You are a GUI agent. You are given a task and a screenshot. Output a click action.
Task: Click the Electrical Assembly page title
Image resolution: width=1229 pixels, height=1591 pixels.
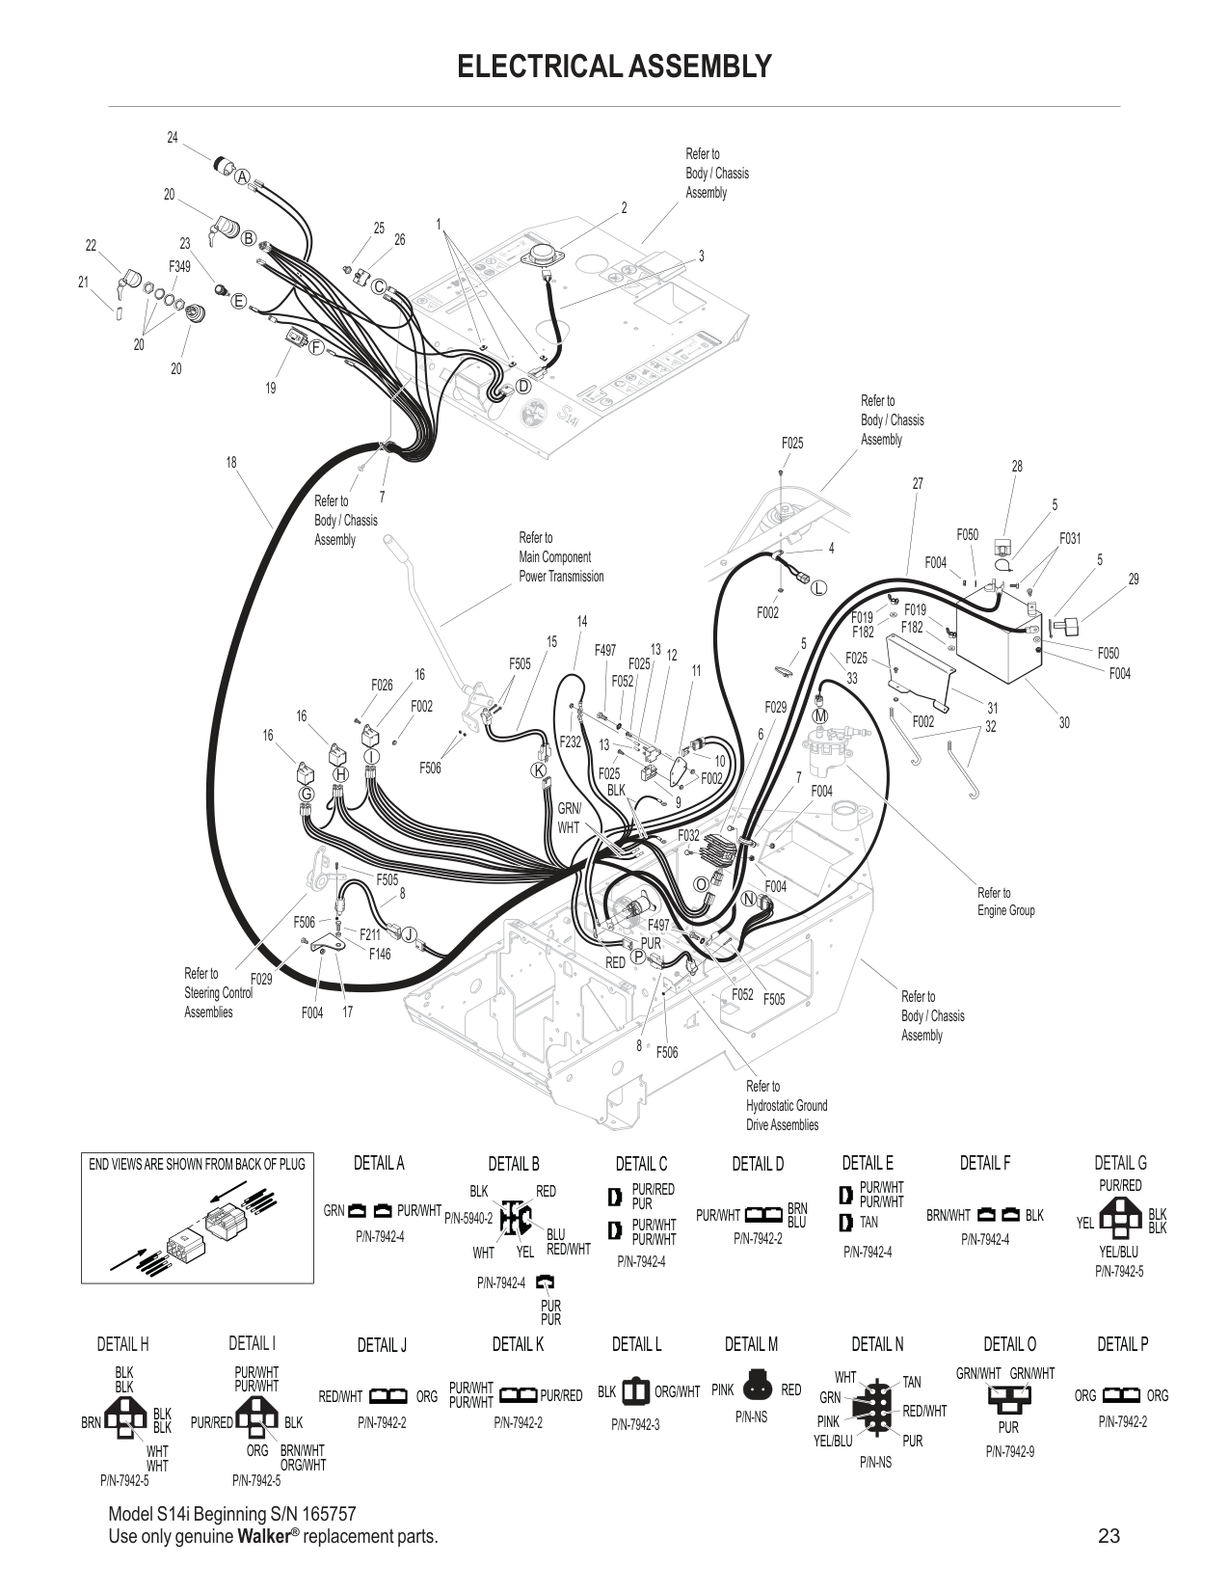click(614, 66)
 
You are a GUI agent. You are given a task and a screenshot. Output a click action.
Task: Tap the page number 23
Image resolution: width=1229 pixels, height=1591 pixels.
click(1109, 1536)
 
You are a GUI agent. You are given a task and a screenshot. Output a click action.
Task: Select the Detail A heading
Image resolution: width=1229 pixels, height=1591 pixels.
click(379, 1163)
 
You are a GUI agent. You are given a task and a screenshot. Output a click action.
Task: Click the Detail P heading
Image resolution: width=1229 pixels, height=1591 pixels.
click(1122, 1344)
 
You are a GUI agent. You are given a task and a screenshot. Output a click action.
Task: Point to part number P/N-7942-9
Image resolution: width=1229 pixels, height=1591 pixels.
click(1009, 1452)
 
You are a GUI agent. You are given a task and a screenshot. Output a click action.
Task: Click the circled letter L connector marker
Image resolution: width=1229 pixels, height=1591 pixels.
click(819, 587)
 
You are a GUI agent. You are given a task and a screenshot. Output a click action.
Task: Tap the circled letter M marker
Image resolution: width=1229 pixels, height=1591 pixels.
click(820, 716)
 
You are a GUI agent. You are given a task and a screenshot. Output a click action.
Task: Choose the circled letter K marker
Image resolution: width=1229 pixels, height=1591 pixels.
click(539, 769)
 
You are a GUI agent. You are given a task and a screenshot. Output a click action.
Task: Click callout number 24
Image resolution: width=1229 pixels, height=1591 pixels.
click(173, 138)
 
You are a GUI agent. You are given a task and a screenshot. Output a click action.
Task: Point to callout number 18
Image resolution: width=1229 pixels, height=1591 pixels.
click(231, 463)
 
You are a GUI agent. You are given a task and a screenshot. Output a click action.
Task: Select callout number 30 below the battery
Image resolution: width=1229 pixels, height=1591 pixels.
click(1064, 722)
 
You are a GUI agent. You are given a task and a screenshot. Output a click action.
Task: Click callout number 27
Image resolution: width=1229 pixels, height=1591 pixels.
click(918, 484)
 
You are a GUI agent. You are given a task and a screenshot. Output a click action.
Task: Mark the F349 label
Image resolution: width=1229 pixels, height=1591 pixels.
click(179, 265)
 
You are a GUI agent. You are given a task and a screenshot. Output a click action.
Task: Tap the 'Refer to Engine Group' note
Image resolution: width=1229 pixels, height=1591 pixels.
click(1005, 902)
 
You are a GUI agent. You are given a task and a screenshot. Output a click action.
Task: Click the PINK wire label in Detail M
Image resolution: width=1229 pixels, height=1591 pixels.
click(723, 1389)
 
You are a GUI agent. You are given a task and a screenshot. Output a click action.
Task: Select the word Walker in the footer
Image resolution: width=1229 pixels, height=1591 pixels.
click(264, 1536)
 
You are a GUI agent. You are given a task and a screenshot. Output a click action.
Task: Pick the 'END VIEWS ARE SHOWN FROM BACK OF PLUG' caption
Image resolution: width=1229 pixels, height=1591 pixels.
click(197, 1164)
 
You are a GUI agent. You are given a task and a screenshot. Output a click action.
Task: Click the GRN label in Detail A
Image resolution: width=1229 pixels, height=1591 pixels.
click(334, 1210)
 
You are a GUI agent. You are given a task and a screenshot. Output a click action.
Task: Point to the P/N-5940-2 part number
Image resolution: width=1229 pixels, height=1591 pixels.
click(468, 1219)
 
